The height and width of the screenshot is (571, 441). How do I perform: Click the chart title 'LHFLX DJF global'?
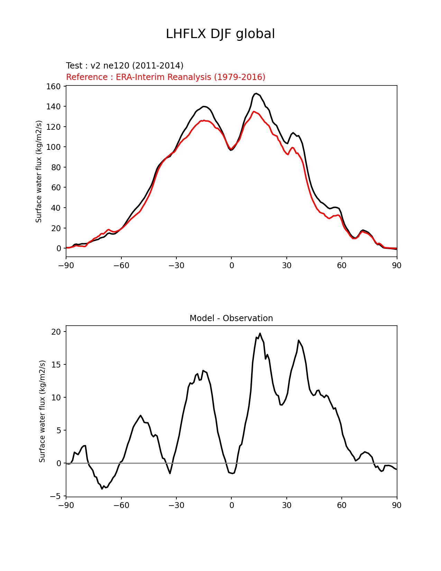click(x=220, y=34)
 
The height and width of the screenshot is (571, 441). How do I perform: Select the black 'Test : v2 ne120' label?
click(x=125, y=66)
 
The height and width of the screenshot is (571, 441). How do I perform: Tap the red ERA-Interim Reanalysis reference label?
click(x=166, y=77)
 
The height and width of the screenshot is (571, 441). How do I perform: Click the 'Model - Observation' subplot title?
click(x=231, y=318)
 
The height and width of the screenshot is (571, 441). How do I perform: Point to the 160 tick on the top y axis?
click(x=54, y=86)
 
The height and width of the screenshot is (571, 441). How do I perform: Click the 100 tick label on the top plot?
click(x=54, y=147)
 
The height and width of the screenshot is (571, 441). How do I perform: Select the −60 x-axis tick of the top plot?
click(x=121, y=265)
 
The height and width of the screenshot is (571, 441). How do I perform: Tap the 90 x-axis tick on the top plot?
click(x=397, y=265)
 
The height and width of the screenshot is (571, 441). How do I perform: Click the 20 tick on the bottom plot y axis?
click(x=56, y=332)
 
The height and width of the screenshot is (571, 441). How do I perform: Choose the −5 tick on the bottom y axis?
click(x=55, y=496)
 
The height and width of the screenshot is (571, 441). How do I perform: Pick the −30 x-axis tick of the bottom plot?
click(x=176, y=505)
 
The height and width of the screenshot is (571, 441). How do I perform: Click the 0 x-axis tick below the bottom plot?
click(x=231, y=505)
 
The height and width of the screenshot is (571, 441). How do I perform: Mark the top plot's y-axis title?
click(x=39, y=171)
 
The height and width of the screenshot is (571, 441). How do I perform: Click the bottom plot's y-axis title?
click(x=42, y=411)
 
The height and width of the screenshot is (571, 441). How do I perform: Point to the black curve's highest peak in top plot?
click(x=256, y=93)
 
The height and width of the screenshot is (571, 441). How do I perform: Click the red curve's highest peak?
click(x=254, y=111)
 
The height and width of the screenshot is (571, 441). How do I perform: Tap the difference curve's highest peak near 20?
click(x=260, y=333)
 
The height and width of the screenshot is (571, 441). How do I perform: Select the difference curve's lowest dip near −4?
click(x=102, y=489)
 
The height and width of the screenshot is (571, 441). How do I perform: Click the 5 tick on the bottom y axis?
click(x=58, y=430)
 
